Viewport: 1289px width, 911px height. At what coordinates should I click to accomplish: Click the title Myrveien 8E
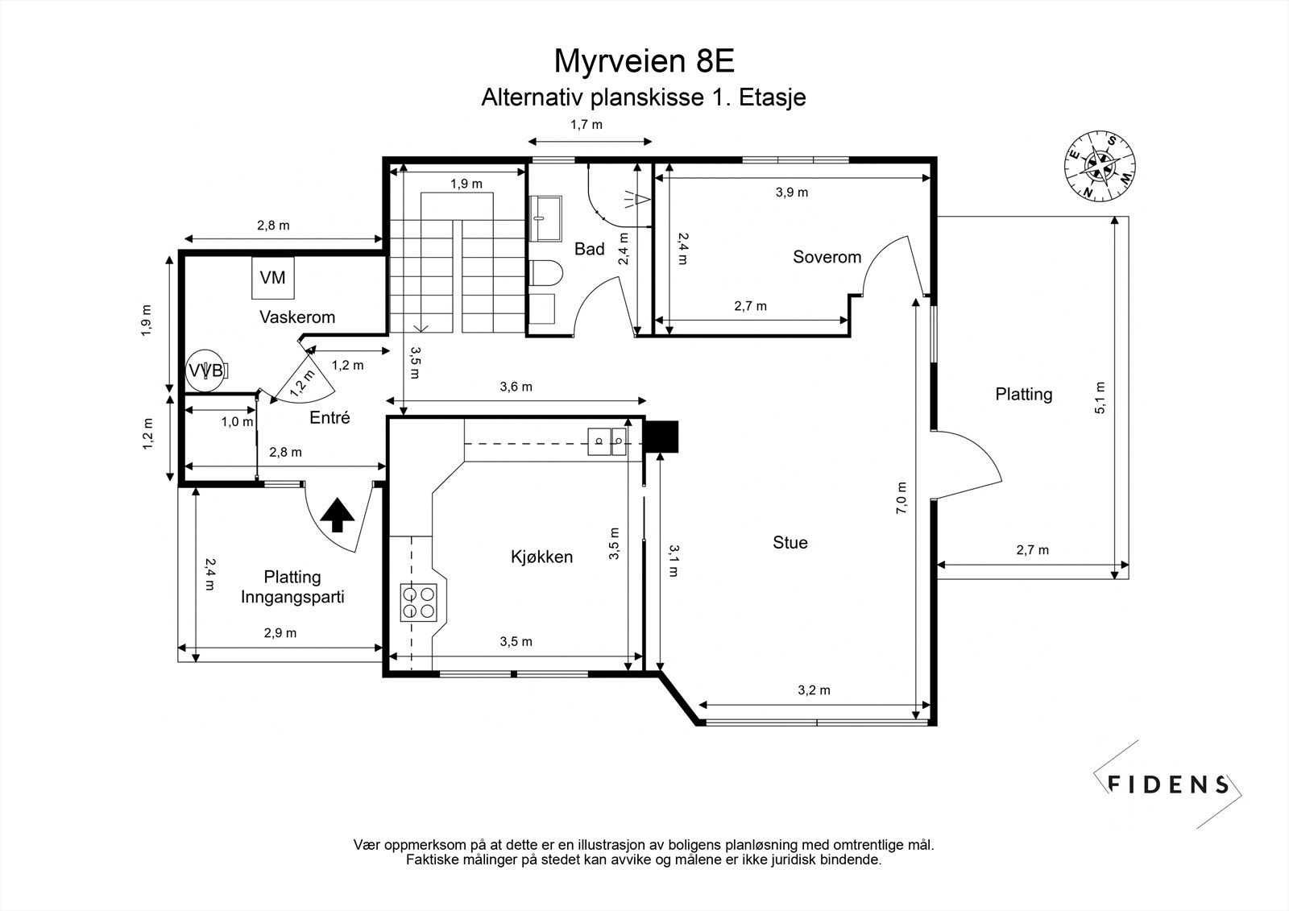click(x=644, y=61)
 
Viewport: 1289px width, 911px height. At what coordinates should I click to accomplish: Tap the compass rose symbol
click(x=1100, y=166)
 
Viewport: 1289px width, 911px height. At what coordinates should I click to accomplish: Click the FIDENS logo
click(x=1167, y=785)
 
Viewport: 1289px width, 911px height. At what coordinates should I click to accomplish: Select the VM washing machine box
click(x=273, y=277)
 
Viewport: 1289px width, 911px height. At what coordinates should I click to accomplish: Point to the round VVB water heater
click(x=206, y=370)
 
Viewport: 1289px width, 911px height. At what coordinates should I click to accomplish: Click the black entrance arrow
click(x=338, y=515)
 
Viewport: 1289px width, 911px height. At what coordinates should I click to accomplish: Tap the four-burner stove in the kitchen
click(x=418, y=602)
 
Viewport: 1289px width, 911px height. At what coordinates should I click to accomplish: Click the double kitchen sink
click(x=607, y=441)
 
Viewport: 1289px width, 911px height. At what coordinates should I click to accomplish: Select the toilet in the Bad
click(x=545, y=273)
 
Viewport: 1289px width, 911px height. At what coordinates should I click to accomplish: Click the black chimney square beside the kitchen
click(x=661, y=437)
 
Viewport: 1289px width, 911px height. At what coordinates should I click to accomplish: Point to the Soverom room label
click(x=827, y=257)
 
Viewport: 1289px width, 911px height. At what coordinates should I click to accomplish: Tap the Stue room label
click(x=790, y=542)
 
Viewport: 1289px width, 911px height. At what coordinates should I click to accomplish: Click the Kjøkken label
click(x=541, y=557)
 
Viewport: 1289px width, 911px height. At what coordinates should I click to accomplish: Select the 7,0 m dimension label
click(x=901, y=498)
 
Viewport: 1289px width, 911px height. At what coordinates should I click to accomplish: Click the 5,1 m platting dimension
click(x=1100, y=398)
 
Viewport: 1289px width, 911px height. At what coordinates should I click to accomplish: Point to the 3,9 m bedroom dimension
click(x=792, y=193)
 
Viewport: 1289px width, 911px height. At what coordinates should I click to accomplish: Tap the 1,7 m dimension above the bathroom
click(x=586, y=124)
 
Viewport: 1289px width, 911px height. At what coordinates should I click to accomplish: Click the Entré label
click(x=330, y=417)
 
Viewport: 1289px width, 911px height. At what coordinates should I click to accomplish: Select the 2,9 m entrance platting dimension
click(x=280, y=633)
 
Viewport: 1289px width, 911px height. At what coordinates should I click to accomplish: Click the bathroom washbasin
click(x=545, y=218)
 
